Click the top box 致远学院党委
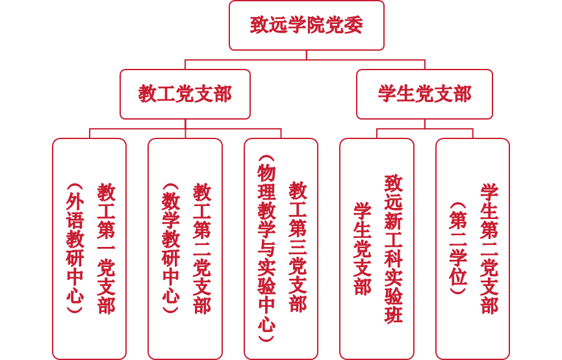pyautogui.click(x=306, y=25)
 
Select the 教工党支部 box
pyautogui.click(x=185, y=94)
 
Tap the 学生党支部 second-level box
pyautogui.click(x=424, y=94)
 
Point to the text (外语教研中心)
pyautogui.click(x=75, y=248)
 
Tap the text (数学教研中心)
pyautogui.click(x=170, y=248)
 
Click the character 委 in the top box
pyautogui.click(x=353, y=25)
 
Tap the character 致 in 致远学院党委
pyautogui.click(x=259, y=25)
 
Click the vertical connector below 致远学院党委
pyautogui.click(x=306, y=55)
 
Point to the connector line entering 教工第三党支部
pyautogui.click(x=281, y=133)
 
